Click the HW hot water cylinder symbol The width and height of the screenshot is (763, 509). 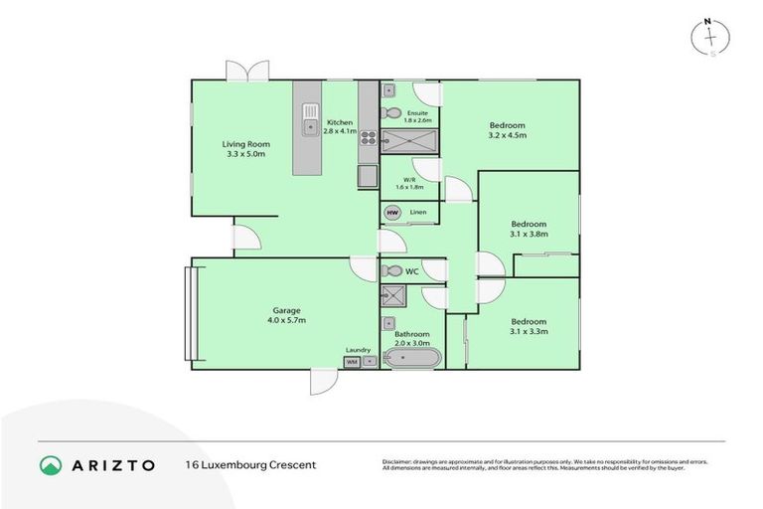[391, 213]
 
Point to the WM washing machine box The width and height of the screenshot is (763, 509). [352, 362]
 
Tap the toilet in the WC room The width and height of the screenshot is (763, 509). [390, 270]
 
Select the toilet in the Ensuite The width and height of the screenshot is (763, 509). [392, 112]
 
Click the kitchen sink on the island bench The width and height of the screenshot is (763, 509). [309, 111]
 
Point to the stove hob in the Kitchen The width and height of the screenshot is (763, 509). [368, 138]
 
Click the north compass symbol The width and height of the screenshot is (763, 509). [710, 37]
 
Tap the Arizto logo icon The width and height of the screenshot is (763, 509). [51, 465]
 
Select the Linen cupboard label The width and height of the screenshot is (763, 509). [418, 212]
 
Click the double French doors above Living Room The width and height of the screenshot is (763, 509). [246, 72]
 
